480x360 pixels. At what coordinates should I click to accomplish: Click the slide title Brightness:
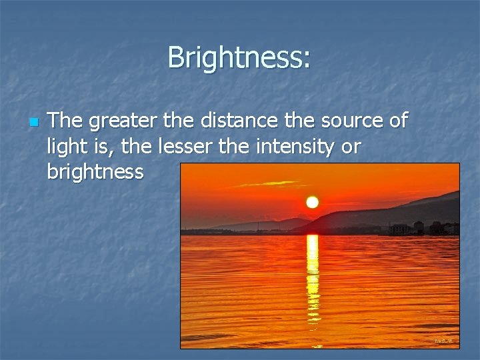click(239, 57)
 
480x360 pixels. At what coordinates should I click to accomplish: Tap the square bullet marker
click(31, 123)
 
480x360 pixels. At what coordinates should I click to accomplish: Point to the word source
click(347, 121)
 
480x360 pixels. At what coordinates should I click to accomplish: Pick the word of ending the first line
click(396, 121)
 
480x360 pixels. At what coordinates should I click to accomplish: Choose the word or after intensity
click(351, 147)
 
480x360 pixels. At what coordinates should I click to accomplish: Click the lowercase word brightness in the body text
click(95, 172)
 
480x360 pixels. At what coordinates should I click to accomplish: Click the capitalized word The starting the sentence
click(66, 121)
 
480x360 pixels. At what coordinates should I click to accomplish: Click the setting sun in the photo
click(312, 202)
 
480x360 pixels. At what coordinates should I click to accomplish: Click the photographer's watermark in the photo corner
click(443, 341)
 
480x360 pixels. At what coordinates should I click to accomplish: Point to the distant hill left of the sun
click(267, 224)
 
